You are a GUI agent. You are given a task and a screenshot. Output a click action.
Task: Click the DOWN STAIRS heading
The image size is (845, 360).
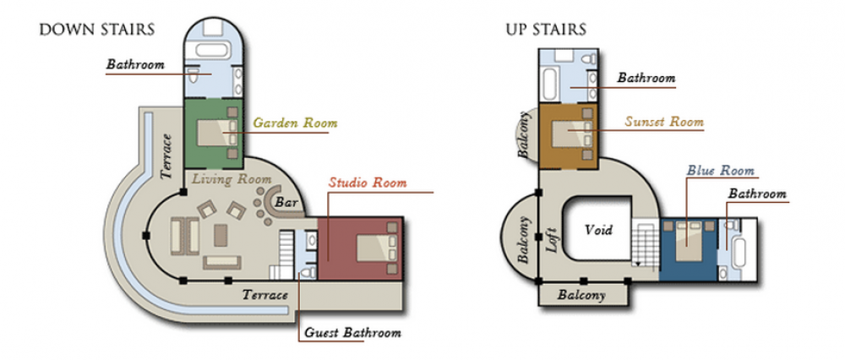click(x=97, y=29)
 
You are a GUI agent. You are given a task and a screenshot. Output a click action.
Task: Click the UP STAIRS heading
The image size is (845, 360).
click(x=546, y=29)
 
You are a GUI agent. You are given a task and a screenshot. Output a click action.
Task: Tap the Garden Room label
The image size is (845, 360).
click(x=295, y=123)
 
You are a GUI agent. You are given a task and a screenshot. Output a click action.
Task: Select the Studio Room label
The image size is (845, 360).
click(x=368, y=183)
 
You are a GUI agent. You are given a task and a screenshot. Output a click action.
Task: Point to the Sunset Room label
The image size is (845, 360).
click(x=664, y=121)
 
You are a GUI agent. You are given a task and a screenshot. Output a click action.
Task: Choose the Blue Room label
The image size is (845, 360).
click(x=721, y=171)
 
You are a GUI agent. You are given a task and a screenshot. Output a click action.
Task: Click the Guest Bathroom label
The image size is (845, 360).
click(x=352, y=332)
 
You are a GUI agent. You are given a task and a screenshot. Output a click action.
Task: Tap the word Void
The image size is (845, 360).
click(x=599, y=230)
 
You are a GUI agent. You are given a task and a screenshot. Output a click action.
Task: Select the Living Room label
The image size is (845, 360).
click(x=232, y=179)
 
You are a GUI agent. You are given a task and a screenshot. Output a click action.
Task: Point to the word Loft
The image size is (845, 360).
click(x=553, y=240)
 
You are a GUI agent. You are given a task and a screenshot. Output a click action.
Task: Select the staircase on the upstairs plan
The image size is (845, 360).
click(x=645, y=243)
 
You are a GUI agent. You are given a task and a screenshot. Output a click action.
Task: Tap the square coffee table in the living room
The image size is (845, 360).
click(x=221, y=236)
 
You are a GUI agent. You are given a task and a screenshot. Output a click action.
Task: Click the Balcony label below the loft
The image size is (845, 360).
click(x=582, y=295)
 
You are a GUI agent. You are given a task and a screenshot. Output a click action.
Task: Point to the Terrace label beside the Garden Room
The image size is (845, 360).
click(x=166, y=155)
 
